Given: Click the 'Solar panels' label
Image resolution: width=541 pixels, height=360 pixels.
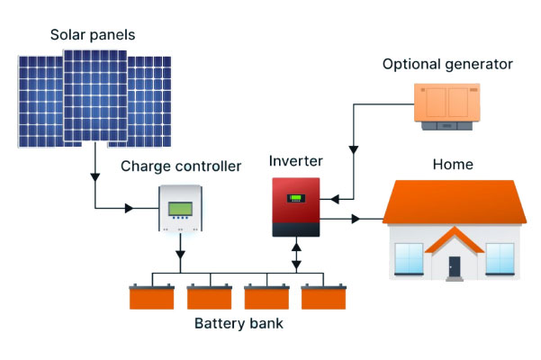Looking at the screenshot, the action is pos(93,35).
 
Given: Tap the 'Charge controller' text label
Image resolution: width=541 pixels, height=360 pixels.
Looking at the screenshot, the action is pos(181,166).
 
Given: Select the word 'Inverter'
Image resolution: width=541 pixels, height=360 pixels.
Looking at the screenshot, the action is pos(295,161).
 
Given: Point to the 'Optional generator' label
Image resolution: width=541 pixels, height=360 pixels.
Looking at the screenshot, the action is pos(447,65).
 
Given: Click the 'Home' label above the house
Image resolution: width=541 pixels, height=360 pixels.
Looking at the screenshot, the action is pos(453,165).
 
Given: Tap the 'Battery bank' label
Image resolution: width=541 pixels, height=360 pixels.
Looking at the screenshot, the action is pos(239,323).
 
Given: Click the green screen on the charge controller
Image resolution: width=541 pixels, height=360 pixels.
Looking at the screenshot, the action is pos(180,209).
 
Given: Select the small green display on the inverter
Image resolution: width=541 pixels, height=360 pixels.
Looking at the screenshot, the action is pos(296,198).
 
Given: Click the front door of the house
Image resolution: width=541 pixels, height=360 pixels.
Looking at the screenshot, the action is pos(455,266).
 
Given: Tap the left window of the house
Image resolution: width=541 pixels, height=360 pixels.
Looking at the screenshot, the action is pos(409,258).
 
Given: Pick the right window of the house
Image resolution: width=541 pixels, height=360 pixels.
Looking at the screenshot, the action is pos(500,258).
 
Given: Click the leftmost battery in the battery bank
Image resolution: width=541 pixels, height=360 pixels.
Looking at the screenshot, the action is pos(152,297).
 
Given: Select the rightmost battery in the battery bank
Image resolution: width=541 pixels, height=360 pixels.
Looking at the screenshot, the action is pos(324,297).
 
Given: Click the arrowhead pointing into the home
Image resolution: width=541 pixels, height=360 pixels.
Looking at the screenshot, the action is pos(356,219).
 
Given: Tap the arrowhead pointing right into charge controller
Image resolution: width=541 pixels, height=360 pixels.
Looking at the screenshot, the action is pos(129,208).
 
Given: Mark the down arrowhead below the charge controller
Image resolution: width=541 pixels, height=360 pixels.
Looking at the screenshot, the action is pos(180,255).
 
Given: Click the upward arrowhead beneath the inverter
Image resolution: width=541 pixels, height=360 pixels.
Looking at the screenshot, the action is pos(296,247).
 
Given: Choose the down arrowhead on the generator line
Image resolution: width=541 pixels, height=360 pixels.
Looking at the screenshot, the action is pos(354,150).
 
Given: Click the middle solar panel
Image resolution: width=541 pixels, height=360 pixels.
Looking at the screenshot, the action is pos(95,95).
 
